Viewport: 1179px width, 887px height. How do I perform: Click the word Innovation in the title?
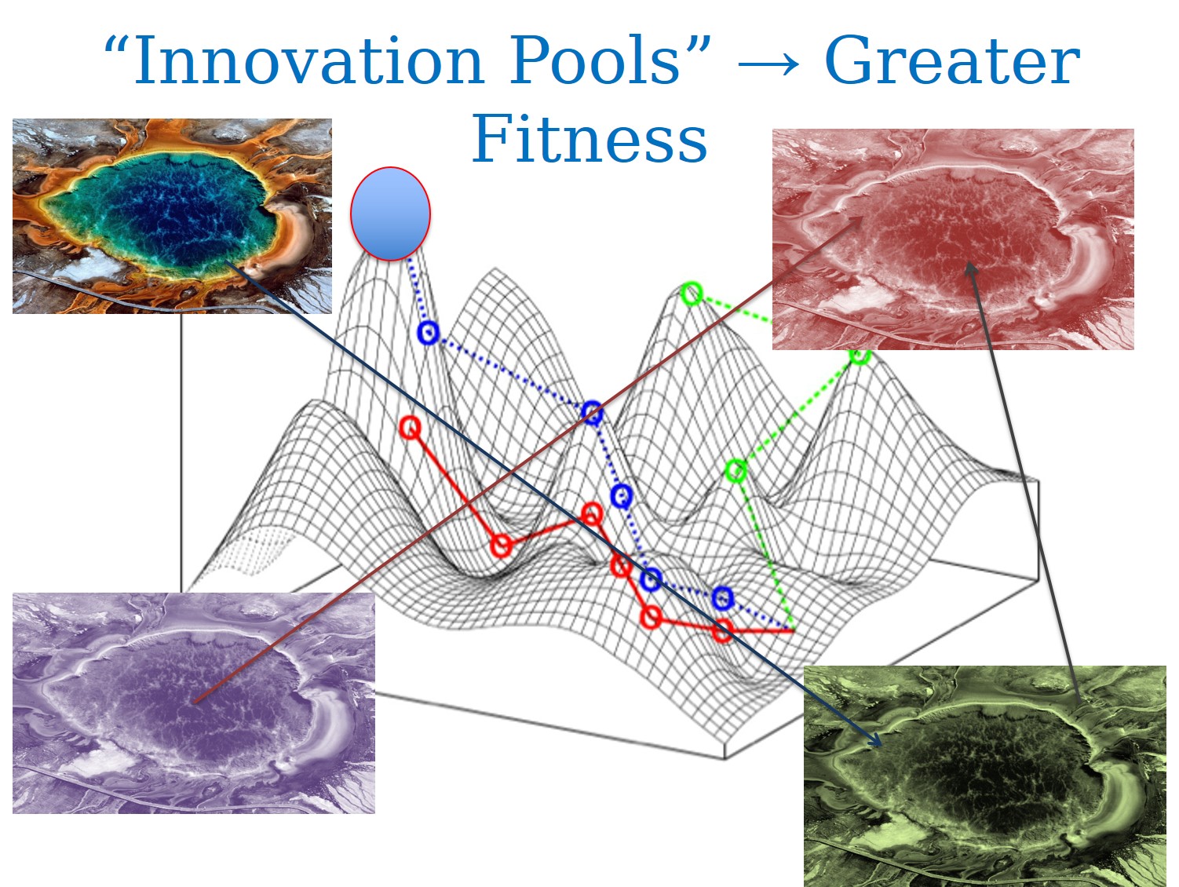308,60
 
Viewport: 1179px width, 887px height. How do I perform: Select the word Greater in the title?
952,60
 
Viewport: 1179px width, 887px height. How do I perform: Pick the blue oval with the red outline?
390,214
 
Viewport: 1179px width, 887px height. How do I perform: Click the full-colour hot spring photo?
172,216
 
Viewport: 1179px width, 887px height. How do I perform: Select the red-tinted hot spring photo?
953,239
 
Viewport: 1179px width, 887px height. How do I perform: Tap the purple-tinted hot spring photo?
193,703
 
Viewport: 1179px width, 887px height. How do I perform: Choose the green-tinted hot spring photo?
984,776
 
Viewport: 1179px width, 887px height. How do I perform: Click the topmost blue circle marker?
428,333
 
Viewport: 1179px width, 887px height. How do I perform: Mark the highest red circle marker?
411,428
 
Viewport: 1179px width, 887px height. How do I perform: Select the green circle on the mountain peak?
692,294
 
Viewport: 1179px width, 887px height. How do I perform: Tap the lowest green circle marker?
736,470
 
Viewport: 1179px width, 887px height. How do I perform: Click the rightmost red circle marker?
722,630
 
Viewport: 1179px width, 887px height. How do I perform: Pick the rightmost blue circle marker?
722,598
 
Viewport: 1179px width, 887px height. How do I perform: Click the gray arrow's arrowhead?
970,268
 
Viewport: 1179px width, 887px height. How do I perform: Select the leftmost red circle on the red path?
411,428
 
